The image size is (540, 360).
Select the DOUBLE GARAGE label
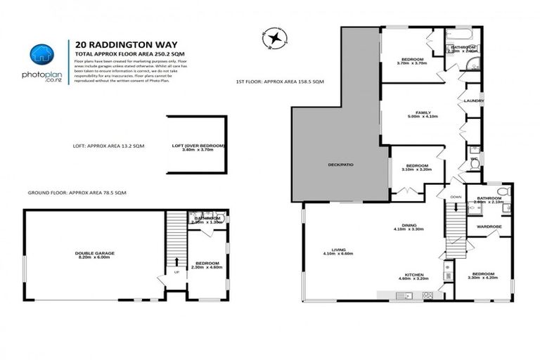[94, 253]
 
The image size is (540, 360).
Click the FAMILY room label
[423, 112]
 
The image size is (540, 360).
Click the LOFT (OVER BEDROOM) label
[198, 146]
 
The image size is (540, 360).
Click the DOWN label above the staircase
[456, 198]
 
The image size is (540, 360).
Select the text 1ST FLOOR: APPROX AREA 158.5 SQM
[280, 83]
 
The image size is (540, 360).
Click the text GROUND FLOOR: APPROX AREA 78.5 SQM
[77, 193]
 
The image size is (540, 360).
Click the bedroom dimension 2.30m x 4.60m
[207, 267]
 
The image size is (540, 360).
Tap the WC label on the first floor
[474, 160]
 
